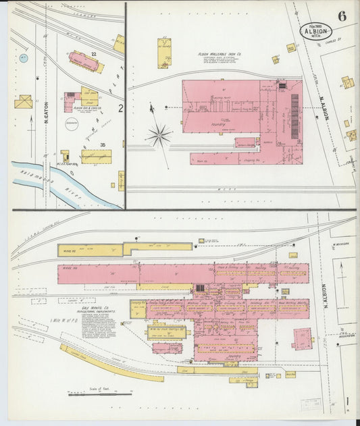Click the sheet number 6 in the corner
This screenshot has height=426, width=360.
(342, 16)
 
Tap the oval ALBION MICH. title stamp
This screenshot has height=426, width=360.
(316, 30)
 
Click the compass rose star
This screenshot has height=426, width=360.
(159, 134)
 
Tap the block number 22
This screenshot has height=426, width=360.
(94, 53)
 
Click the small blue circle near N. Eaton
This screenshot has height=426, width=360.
(24, 58)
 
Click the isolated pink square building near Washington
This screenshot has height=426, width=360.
(302, 339)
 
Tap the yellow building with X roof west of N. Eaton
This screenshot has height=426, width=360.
(24, 102)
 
